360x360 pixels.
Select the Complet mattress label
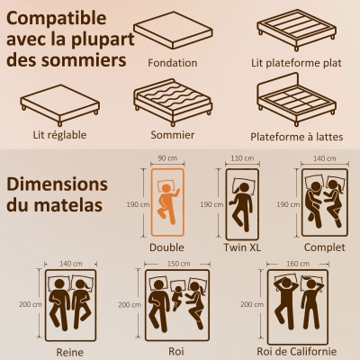point(323,247)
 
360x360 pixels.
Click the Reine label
point(69,352)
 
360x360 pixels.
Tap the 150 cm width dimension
point(178,263)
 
